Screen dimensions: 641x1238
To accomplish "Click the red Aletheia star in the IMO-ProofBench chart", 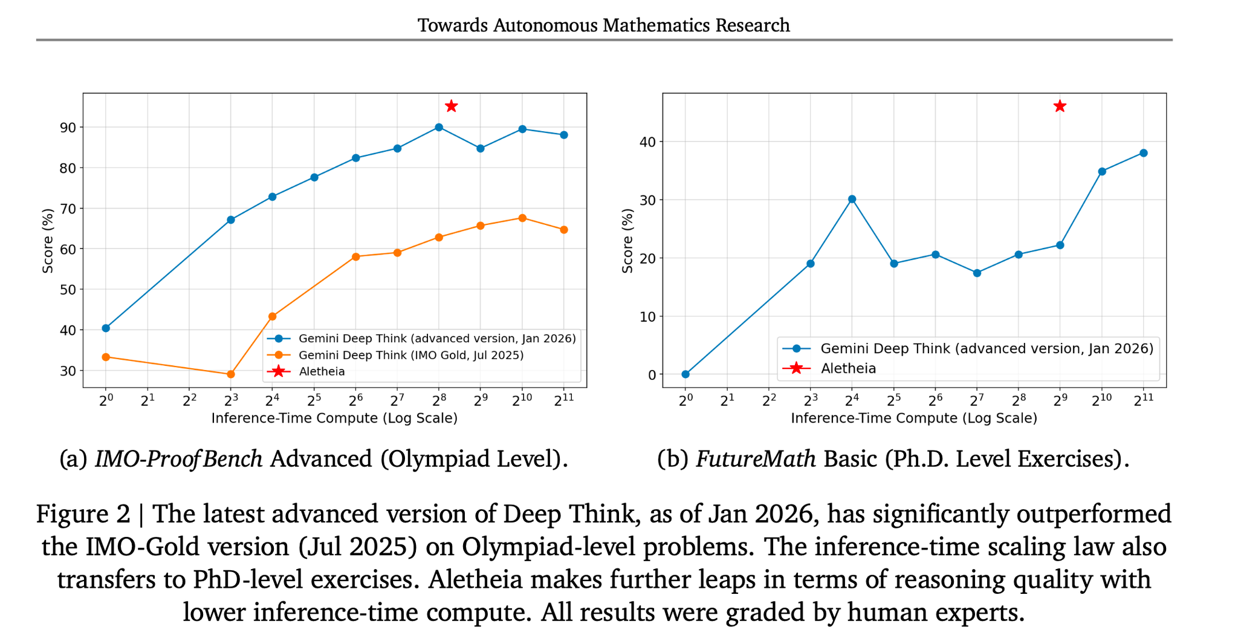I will pyautogui.click(x=451, y=106).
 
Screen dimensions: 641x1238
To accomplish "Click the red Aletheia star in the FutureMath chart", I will pyautogui.click(x=1060, y=106).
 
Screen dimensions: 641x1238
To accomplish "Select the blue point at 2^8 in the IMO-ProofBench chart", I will pyautogui.click(x=439, y=127).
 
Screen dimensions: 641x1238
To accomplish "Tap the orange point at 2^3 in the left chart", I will pyautogui.click(x=230, y=374).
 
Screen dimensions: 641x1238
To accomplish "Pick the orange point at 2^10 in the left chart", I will pyautogui.click(x=522, y=218).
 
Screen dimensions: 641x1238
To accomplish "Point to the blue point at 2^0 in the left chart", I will pyautogui.click(x=106, y=328).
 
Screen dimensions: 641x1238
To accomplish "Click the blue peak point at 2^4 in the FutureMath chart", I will pyautogui.click(x=852, y=199).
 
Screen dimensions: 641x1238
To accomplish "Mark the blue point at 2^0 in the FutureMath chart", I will pyautogui.click(x=685, y=374).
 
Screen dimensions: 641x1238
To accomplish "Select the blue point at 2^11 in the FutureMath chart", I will pyautogui.click(x=1143, y=153).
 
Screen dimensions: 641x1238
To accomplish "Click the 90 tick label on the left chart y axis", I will pyautogui.click(x=67, y=127).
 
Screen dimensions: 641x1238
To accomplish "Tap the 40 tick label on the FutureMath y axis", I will pyautogui.click(x=647, y=142).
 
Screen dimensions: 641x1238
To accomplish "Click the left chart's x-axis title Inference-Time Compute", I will pyautogui.click(x=334, y=418).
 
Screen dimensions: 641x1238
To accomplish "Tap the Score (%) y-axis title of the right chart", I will pyautogui.click(x=627, y=241).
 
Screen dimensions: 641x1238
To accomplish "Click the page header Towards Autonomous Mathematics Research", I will pyautogui.click(x=603, y=25).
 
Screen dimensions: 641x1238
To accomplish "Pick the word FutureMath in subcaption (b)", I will pyautogui.click(x=756, y=460).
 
